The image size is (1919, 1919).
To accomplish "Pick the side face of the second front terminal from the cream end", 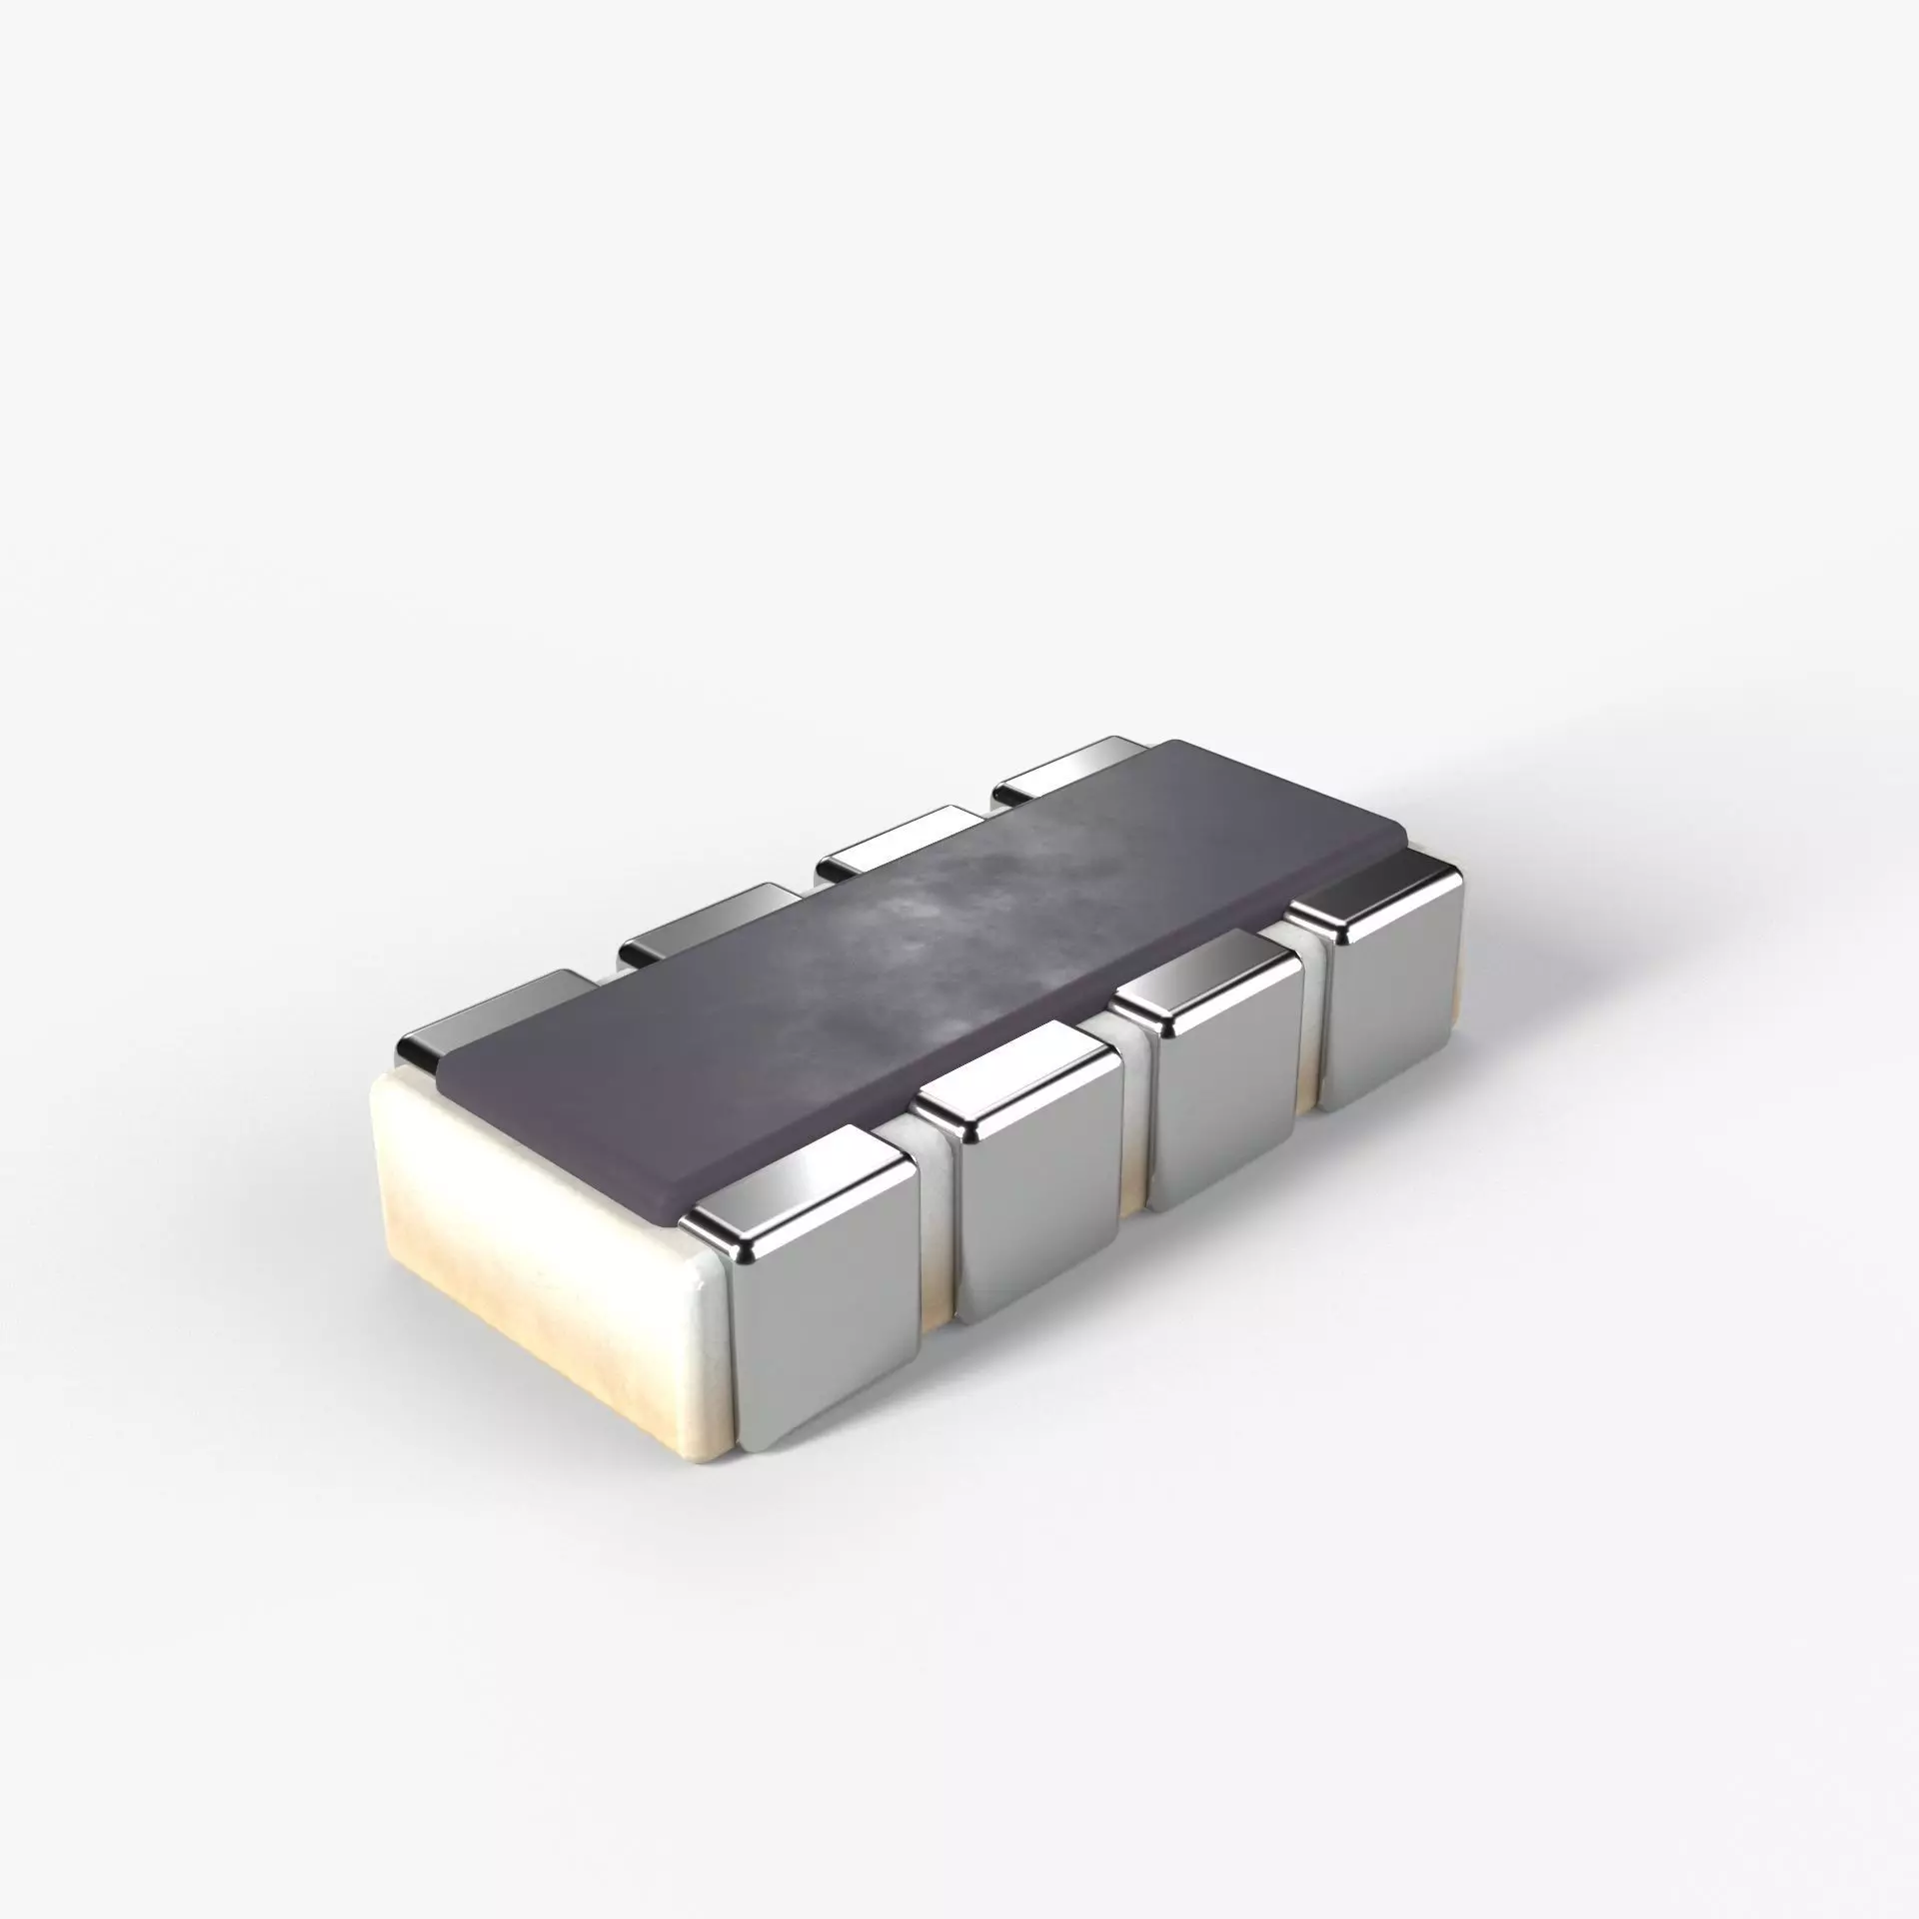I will click(x=1039, y=1239).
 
